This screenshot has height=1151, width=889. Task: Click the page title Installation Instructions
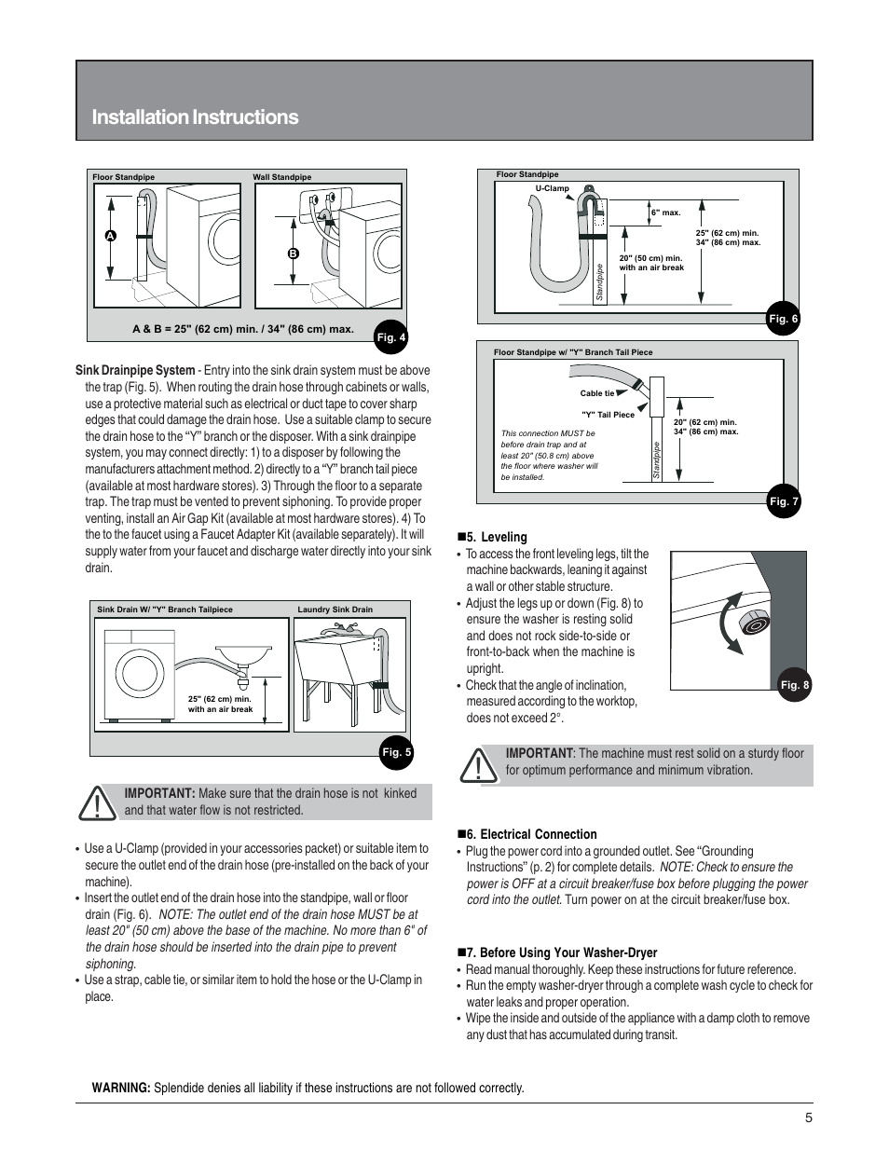coord(195,117)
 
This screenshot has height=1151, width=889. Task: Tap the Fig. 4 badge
coord(390,337)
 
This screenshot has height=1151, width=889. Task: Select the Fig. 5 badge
coord(396,753)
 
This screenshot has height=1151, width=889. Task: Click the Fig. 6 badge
coord(783,319)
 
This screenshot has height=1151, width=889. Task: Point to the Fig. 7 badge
coord(783,501)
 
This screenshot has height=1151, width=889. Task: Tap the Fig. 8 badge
coord(794,685)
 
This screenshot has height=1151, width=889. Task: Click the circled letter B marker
coord(293,253)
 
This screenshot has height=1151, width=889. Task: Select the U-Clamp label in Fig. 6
coord(552,188)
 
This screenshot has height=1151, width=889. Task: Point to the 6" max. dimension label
coord(665,212)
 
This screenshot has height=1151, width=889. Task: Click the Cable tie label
coord(597,393)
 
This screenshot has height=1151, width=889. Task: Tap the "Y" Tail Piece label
coord(608,415)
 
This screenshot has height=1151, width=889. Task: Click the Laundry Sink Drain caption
coord(335,610)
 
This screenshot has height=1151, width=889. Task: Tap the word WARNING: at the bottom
coord(121,1088)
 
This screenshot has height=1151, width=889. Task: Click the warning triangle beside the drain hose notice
coord(97,802)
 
